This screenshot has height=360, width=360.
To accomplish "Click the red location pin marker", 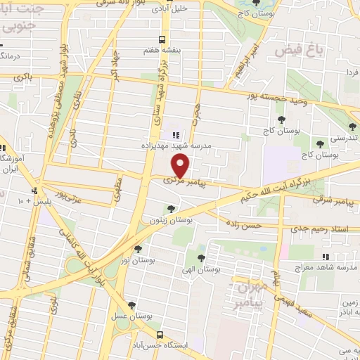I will click(x=181, y=166).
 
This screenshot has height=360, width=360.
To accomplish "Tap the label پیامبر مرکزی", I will click(x=179, y=181).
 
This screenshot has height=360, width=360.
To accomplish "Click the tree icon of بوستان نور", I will click(x=138, y=248).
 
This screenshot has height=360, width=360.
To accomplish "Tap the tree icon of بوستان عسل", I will click(x=131, y=304).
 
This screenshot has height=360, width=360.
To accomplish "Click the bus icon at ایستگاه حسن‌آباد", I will click(x=160, y=335).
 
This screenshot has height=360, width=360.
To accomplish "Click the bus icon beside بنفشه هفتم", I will click(x=162, y=39).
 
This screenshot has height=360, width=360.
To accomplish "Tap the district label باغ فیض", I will click(x=293, y=51).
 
